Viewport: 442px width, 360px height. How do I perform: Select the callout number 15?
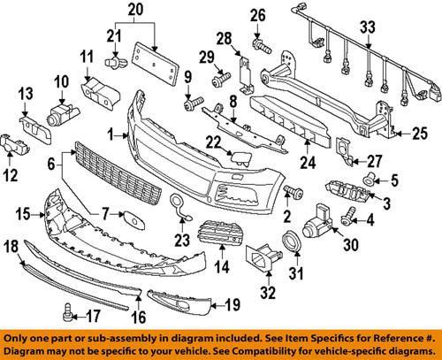pyautogui.click(x=22, y=213)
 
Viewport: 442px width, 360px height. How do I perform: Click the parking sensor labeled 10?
pyautogui.click(x=62, y=112)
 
